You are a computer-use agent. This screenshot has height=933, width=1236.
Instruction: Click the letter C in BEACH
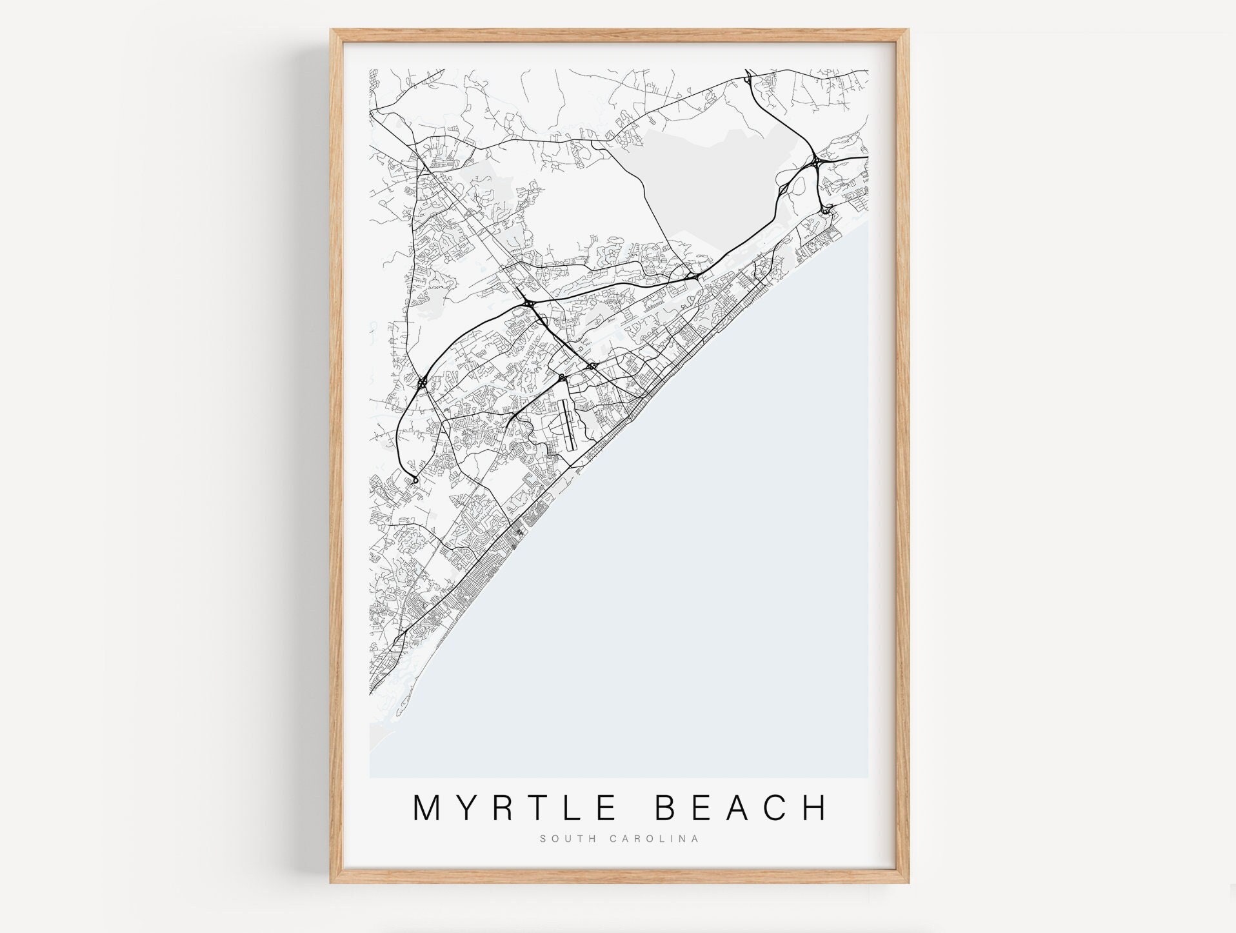point(777,808)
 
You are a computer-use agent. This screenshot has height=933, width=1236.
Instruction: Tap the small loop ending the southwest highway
point(415,480)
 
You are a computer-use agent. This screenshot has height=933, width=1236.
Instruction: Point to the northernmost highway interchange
point(746,80)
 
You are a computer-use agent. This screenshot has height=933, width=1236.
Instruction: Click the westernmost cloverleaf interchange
point(422,383)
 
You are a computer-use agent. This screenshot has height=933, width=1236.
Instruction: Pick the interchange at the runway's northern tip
point(563,377)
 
